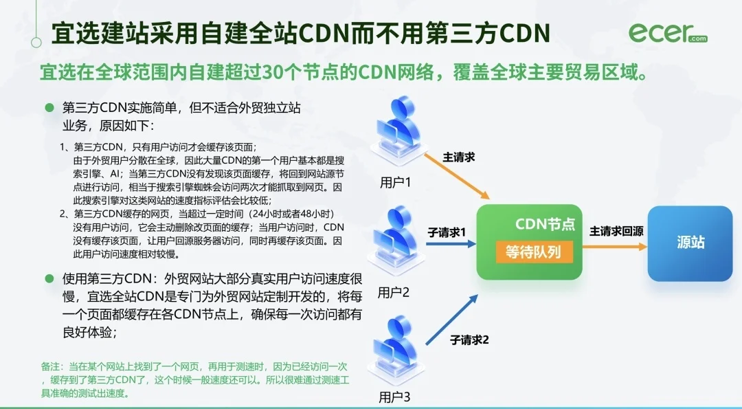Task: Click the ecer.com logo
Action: (x=667, y=33)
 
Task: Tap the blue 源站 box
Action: (x=690, y=243)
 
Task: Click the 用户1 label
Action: (x=395, y=184)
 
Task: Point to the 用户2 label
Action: (x=394, y=292)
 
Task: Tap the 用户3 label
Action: (x=394, y=397)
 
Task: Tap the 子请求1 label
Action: (x=447, y=232)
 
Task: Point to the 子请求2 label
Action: (x=469, y=340)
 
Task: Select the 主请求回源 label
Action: (x=616, y=231)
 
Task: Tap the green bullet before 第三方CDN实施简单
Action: (x=49, y=109)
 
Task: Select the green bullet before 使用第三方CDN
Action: (x=49, y=278)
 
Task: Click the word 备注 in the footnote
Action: (x=51, y=368)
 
